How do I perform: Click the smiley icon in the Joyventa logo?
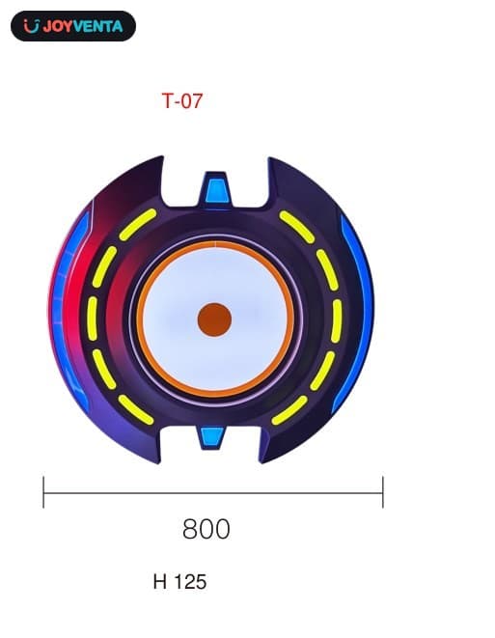[31, 26]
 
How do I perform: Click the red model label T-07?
[181, 100]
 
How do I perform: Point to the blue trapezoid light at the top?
[216, 191]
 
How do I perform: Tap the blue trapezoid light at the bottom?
[212, 436]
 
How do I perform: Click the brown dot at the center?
[214, 319]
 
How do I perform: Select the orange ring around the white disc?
[138, 319]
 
